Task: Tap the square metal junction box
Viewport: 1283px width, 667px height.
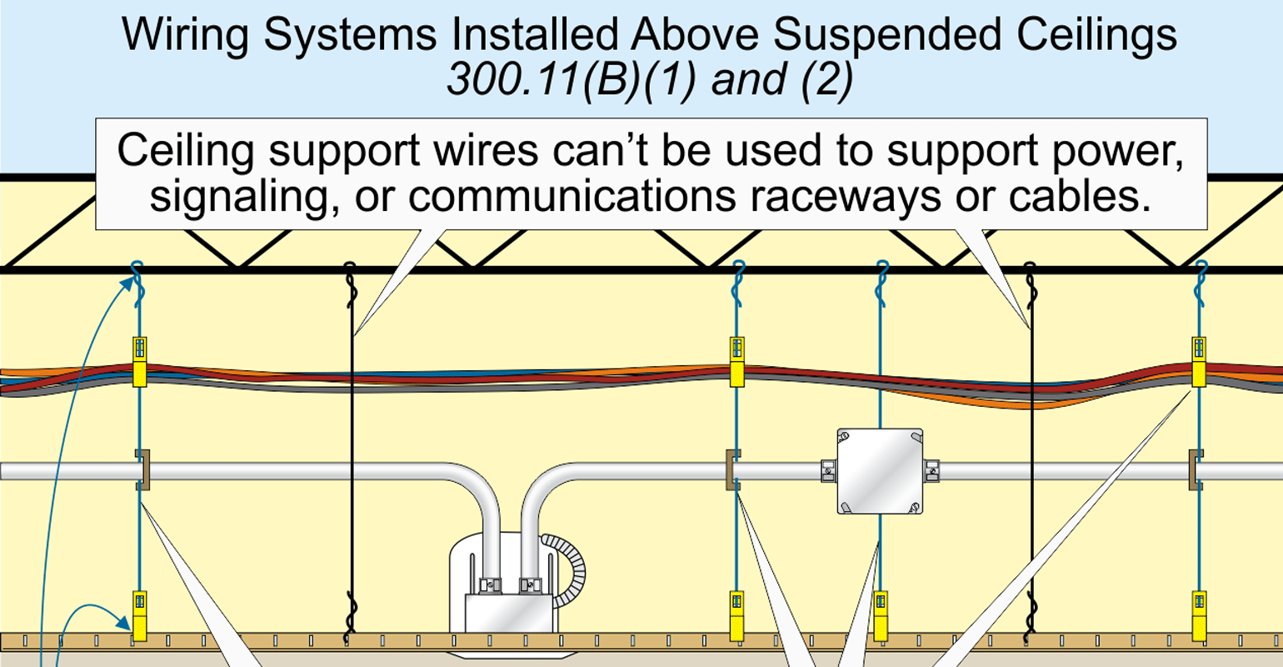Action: [x=880, y=471]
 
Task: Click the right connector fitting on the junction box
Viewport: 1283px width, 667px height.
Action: [x=931, y=471]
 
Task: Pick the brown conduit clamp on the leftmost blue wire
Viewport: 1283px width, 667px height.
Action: [x=142, y=469]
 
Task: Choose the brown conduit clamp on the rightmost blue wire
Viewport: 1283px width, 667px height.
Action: [x=1196, y=469]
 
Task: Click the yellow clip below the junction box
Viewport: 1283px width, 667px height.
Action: [x=881, y=614]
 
